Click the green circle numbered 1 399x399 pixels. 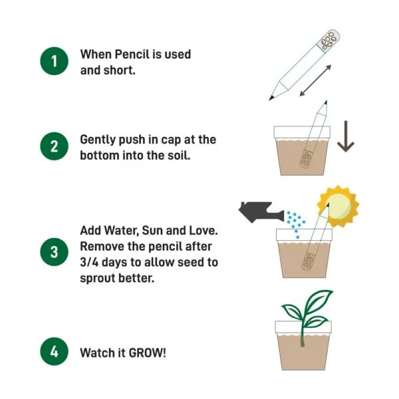(54, 62)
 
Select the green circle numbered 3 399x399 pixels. (54, 253)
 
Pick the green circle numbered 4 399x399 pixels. (54, 352)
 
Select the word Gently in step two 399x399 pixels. (98, 140)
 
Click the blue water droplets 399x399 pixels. (295, 223)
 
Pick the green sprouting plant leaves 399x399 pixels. (306, 313)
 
